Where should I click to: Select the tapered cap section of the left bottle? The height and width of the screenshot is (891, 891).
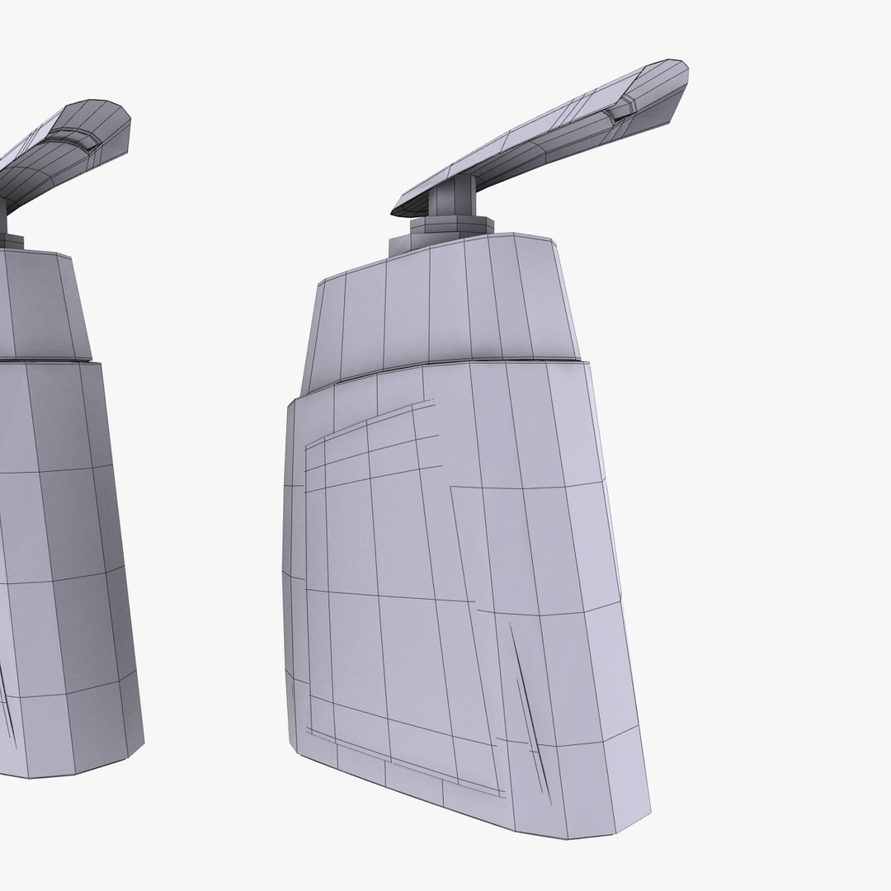(x=41, y=305)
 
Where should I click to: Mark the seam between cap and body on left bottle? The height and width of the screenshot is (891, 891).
(x=49, y=360)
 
